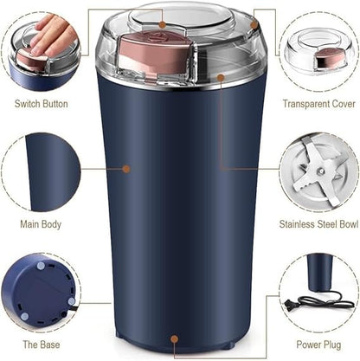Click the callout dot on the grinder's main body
[127, 168]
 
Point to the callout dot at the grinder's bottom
[175, 339]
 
